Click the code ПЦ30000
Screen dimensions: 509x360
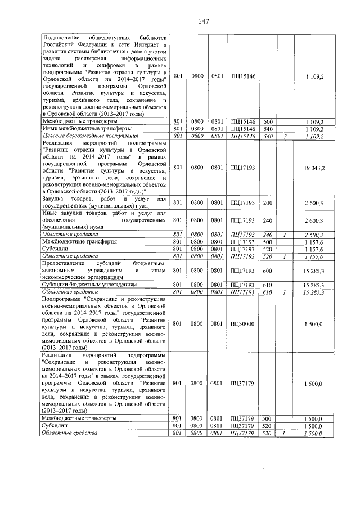pos(243,324)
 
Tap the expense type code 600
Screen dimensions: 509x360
pos(268,271)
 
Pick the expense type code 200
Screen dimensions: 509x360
pos(268,202)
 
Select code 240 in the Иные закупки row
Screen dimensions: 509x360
pos(268,221)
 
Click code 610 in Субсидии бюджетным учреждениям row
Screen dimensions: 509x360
pos(268,285)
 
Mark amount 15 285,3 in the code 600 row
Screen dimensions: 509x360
pos(312,271)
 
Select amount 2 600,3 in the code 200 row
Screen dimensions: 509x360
pos(313,202)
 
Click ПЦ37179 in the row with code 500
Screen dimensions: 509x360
pos(243,418)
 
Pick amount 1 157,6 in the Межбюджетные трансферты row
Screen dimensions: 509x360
pos(313,241)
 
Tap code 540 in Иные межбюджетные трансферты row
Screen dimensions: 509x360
pos(268,128)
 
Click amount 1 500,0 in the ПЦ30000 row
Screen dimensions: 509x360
pos(313,324)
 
